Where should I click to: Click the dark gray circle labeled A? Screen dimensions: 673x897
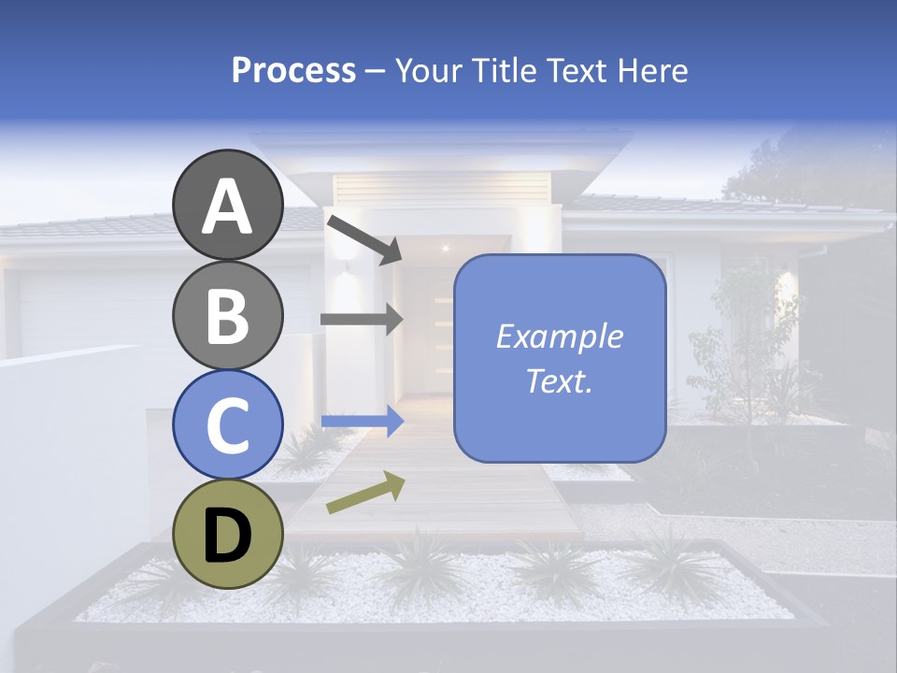[228, 205]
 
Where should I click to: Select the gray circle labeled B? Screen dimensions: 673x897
[228, 315]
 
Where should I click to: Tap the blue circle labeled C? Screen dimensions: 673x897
[228, 424]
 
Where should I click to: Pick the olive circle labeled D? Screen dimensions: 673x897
[228, 534]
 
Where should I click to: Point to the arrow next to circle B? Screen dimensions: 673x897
[362, 319]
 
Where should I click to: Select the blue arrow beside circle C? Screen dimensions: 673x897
[362, 422]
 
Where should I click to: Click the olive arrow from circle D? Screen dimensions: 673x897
[365, 493]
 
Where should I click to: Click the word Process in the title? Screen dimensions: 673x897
[293, 70]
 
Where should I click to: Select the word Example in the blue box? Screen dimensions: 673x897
[560, 336]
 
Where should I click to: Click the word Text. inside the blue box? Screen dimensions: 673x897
[560, 381]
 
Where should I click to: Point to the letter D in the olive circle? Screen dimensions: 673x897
[228, 536]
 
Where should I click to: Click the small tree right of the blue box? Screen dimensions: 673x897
[738, 346]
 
